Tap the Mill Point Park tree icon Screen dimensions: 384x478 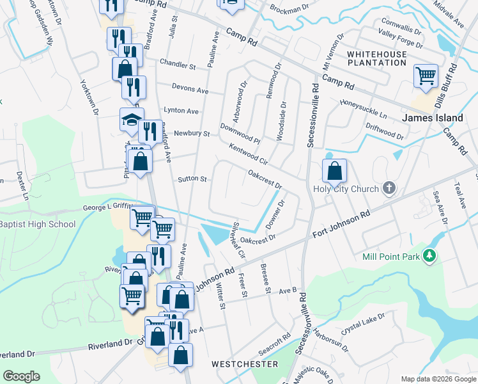[x=430, y=256]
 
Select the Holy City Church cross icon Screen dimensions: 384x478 [x=389, y=188]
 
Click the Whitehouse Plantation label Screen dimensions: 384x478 [x=377, y=60]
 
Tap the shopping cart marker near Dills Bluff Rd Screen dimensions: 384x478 [x=425, y=76]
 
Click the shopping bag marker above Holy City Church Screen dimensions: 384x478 [x=334, y=171]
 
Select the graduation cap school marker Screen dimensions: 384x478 [x=131, y=120]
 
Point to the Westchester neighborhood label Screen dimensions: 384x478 [x=245, y=364]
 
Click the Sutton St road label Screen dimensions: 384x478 [x=192, y=179]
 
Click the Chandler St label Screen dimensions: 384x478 [x=178, y=65]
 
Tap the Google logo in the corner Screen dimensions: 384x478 [x=21, y=376]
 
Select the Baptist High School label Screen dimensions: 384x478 [x=37, y=224]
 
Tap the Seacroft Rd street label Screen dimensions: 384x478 [x=275, y=344]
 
